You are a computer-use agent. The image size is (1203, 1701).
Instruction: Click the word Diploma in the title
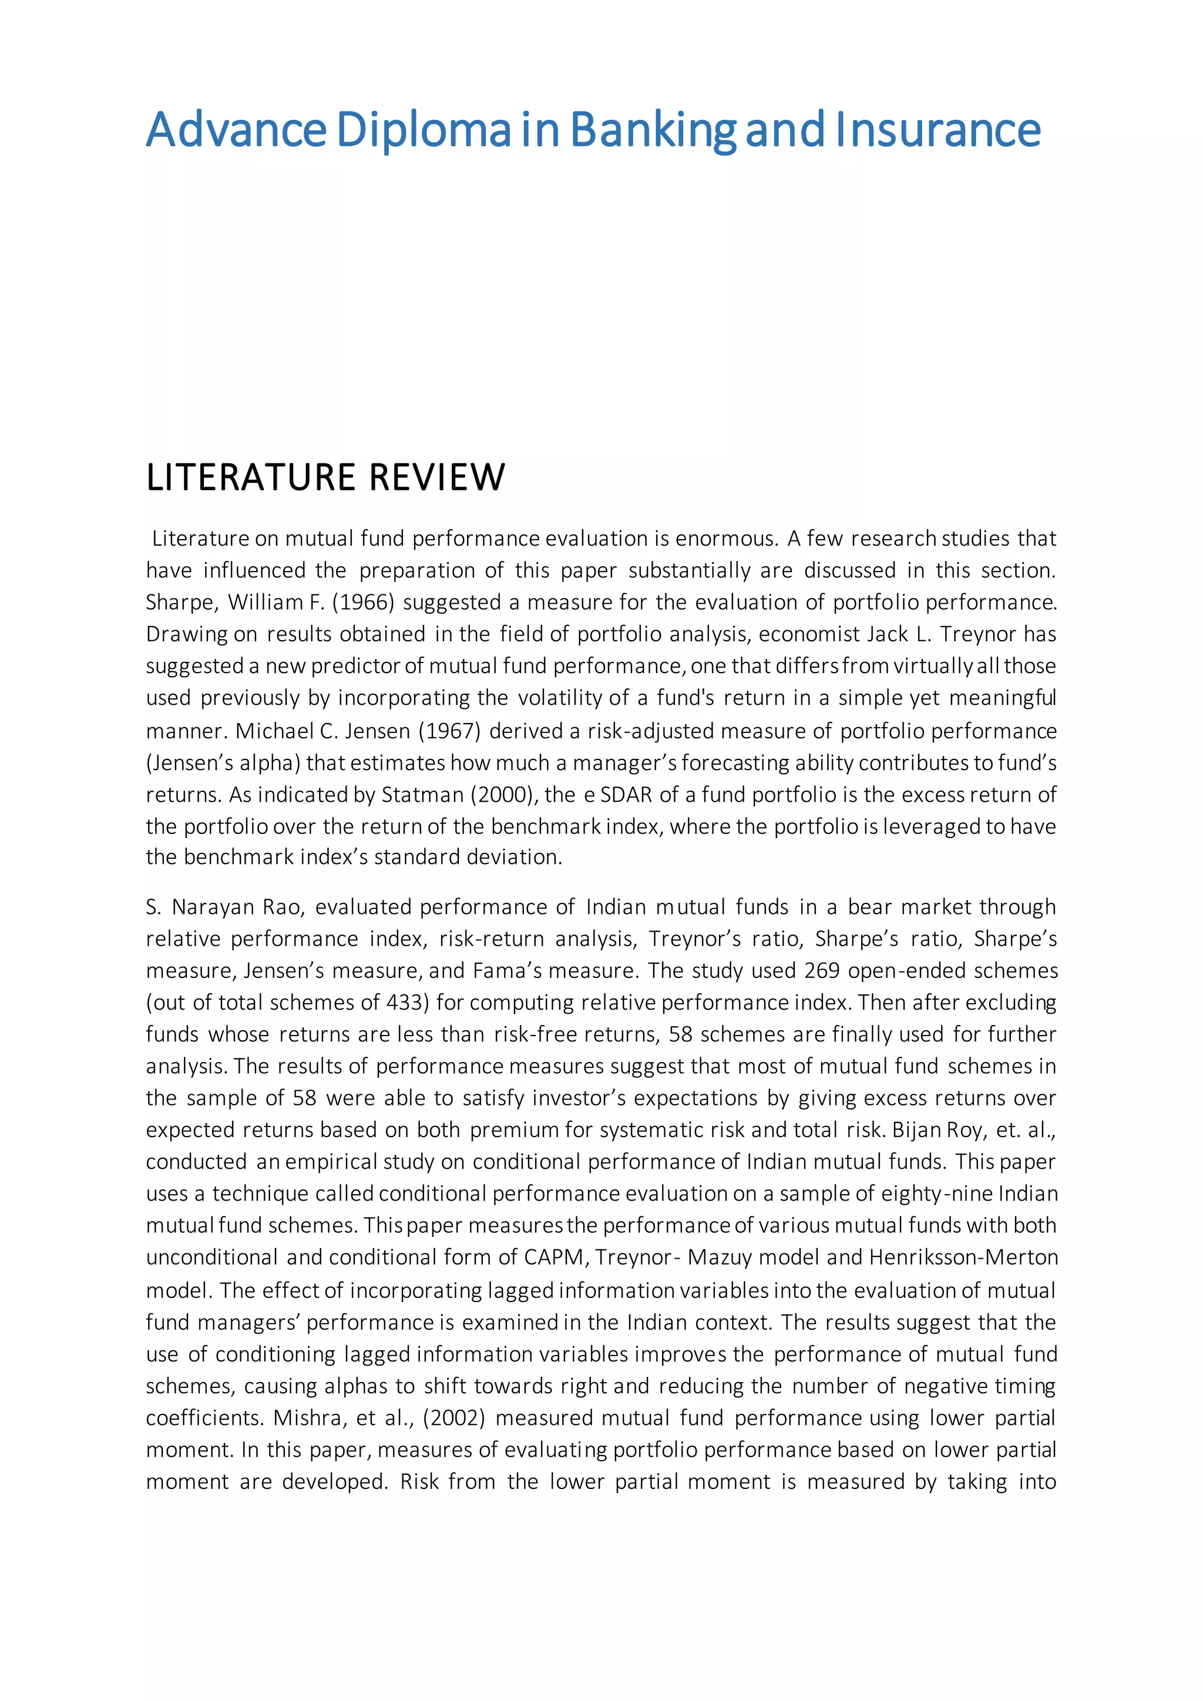click(x=424, y=130)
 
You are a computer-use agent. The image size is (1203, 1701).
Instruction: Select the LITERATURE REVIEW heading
click(x=325, y=477)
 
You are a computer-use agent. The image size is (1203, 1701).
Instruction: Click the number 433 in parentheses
click(x=405, y=1003)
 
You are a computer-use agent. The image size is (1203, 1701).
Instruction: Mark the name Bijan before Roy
click(x=917, y=1130)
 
